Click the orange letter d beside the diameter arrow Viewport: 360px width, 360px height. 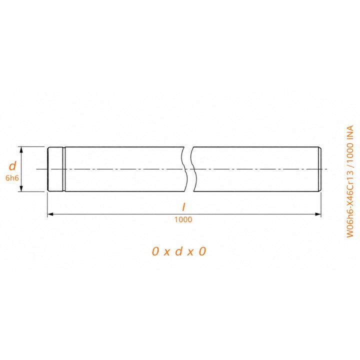pos(12,166)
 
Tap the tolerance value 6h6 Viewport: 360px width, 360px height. pos(12,178)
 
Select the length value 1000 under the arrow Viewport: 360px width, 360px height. pos(183,219)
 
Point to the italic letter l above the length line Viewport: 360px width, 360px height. pos(183,207)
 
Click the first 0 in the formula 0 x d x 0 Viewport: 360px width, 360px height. pos(155,251)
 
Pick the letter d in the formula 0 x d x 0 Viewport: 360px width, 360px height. pos(179,251)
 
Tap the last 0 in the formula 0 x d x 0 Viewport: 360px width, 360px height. pos(202,251)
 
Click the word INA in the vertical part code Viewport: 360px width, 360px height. pos(349,132)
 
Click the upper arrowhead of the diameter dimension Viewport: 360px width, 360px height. pos(21,149)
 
